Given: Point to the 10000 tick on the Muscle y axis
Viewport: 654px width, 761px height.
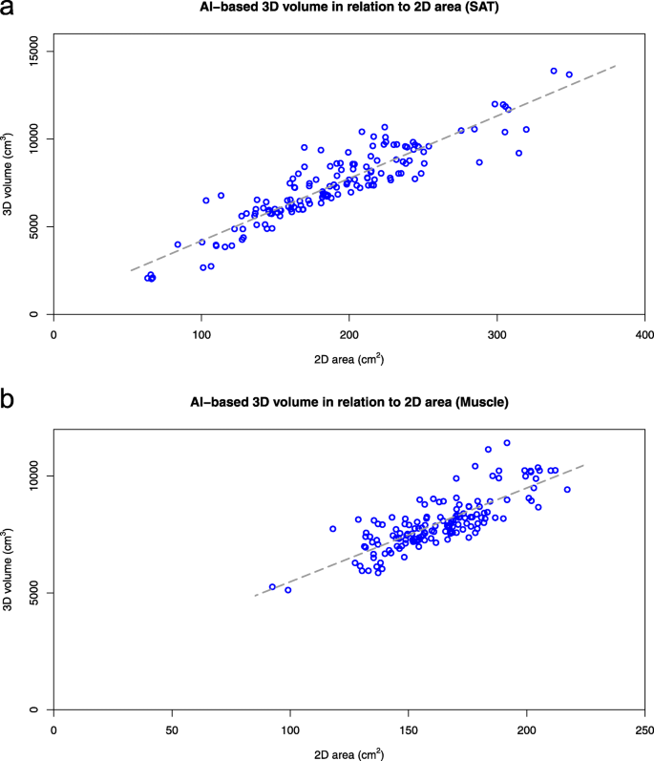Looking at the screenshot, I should point(37,476).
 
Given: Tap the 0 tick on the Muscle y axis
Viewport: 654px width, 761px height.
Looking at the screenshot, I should point(37,709).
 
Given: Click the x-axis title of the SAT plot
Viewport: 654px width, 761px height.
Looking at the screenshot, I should point(349,358).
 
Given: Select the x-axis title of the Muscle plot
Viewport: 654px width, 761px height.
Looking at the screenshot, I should point(349,752).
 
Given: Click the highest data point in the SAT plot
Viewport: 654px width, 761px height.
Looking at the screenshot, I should point(554,71).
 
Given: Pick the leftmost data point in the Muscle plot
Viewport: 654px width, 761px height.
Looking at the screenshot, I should point(272,587).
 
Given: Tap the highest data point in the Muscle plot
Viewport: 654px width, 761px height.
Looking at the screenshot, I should point(507,443).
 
